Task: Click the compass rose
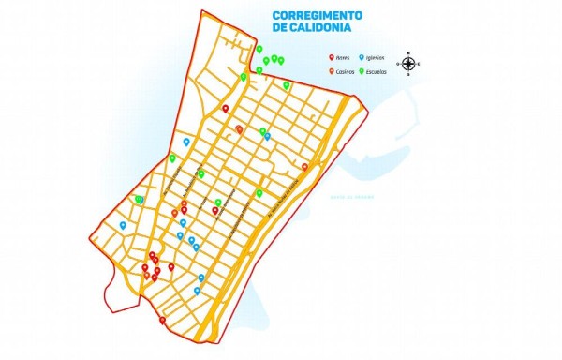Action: pyautogui.click(x=409, y=64)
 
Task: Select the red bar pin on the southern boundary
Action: pyautogui.click(x=163, y=320)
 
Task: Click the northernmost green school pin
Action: pyautogui.click(x=259, y=49)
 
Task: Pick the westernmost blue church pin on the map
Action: pyautogui.click(x=123, y=224)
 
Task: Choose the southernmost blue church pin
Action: pyautogui.click(x=197, y=290)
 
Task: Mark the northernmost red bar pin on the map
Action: pyautogui.click(x=226, y=108)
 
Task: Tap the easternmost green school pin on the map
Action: pyautogui.click(x=287, y=84)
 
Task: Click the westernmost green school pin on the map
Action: pyautogui.click(x=139, y=199)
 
